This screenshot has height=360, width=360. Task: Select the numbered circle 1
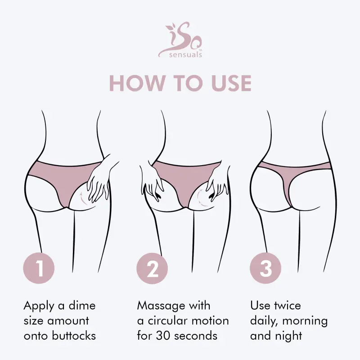click(x=39, y=269)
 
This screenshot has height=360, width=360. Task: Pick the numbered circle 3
click(x=265, y=269)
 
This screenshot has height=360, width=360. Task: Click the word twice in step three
click(x=288, y=306)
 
